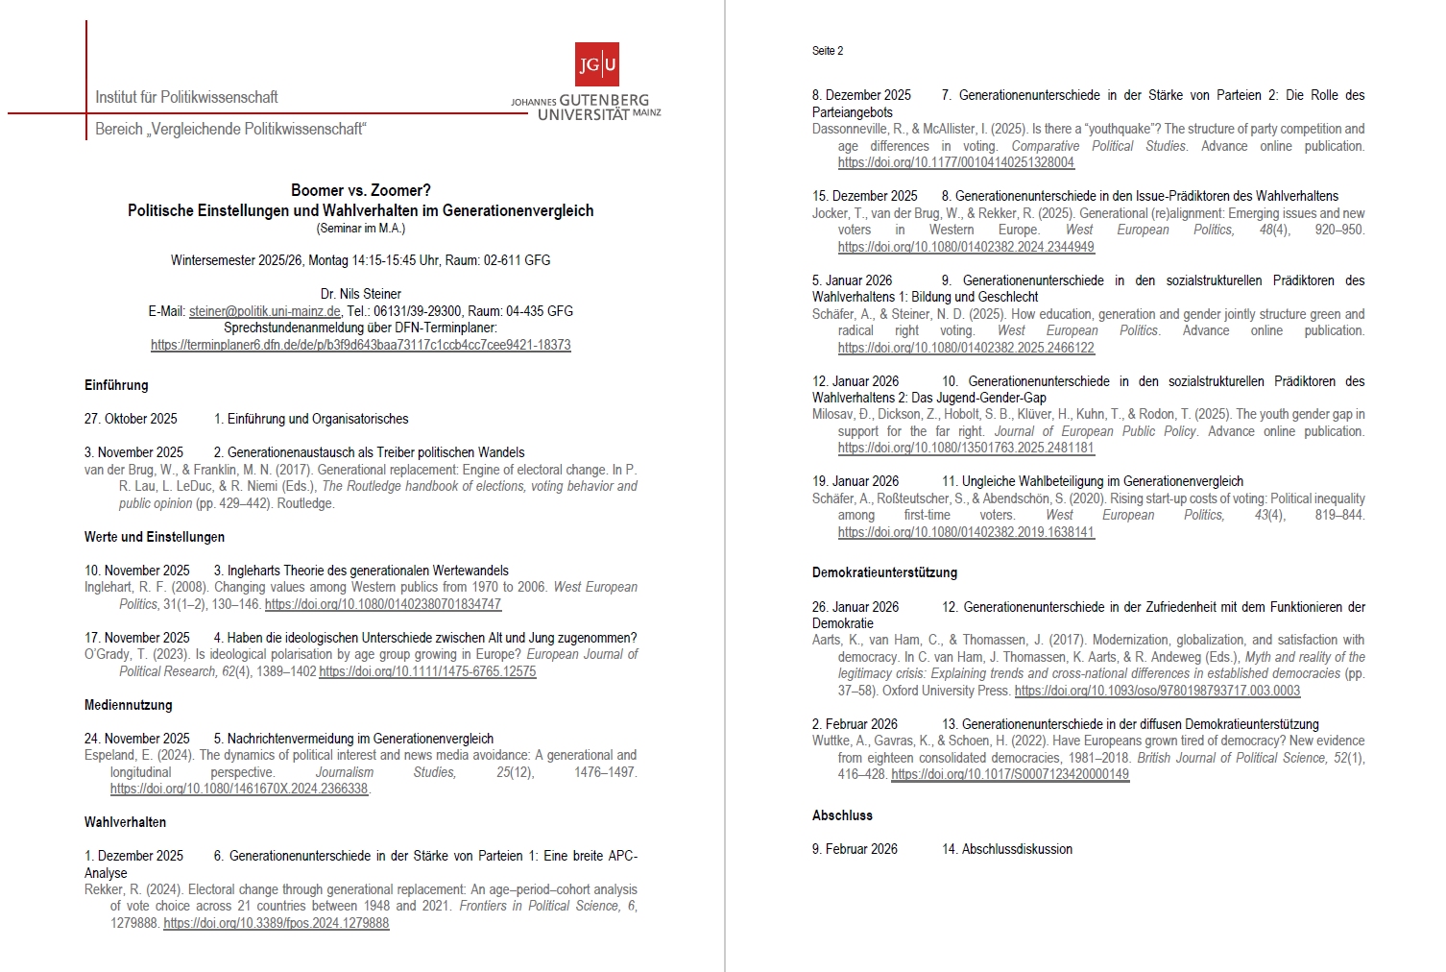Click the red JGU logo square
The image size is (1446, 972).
596,64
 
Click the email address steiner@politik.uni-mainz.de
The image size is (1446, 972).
264,311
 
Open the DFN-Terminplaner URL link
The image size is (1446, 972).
360,345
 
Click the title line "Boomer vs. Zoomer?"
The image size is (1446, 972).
360,190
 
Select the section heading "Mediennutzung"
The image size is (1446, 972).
128,705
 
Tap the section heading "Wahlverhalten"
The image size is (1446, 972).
125,822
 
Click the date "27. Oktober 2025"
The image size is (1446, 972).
131,419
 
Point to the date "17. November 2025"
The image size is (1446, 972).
136,638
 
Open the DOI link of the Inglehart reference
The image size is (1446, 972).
382,604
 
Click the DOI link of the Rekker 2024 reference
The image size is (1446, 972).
276,923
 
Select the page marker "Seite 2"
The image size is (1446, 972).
827,51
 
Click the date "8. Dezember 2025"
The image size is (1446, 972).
861,95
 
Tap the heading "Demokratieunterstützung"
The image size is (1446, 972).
884,572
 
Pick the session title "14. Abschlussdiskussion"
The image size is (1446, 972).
1006,849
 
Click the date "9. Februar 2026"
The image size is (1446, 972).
855,849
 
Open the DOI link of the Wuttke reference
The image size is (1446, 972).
1009,774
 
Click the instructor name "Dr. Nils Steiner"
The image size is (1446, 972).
360,294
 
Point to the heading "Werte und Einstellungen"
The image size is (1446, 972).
155,537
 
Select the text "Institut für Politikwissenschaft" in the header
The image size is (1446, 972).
186,97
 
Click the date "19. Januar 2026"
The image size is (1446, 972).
856,481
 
